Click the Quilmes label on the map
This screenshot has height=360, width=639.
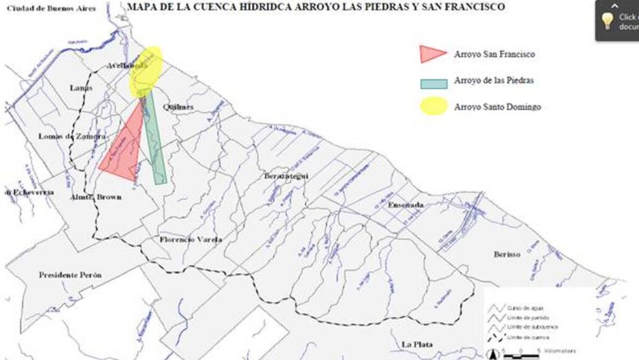pos(178,107)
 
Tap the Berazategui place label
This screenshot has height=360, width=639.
pos(286,176)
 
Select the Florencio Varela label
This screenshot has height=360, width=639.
pos(190,240)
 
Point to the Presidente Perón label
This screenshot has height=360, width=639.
pos(70,275)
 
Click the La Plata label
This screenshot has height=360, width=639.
pos(417,344)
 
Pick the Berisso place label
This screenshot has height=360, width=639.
pos(507,254)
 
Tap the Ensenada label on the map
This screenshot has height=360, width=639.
pos(406,205)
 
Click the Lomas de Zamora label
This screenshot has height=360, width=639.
pos(72,136)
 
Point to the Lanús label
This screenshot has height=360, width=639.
pos(81,88)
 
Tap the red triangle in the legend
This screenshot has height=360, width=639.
pos(432,54)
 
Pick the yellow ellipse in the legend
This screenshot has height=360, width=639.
pos(433,106)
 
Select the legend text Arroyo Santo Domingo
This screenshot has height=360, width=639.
pos(497,107)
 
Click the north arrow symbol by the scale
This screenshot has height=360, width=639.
pos(492,354)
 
